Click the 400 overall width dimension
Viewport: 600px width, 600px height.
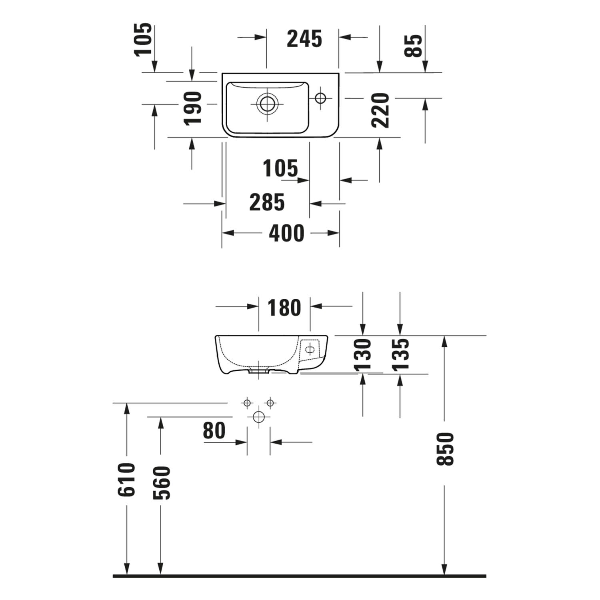tap(286, 233)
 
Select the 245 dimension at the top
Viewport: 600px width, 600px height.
tap(304, 39)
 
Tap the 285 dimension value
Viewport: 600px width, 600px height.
tap(267, 202)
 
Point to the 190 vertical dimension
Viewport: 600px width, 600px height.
tap(193, 108)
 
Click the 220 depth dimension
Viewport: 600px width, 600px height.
tap(380, 110)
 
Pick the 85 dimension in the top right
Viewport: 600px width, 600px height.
tap(413, 46)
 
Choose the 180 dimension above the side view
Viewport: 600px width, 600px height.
tap(284, 308)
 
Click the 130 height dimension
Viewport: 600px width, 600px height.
tap(363, 354)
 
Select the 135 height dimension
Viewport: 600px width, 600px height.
tap(400, 354)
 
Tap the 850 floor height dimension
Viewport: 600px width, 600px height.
tap(445, 449)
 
